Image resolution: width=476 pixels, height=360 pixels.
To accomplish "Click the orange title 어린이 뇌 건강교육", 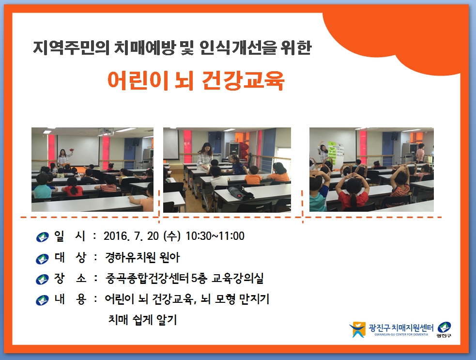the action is click(x=196, y=80).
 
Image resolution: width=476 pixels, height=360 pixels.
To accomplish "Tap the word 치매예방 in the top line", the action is click(x=144, y=48).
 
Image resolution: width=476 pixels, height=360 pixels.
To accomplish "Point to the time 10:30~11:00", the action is click(x=215, y=236).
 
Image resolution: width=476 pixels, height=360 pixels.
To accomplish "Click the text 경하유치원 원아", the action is click(x=142, y=257).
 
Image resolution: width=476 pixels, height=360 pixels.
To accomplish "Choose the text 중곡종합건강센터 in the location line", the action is click(x=148, y=278).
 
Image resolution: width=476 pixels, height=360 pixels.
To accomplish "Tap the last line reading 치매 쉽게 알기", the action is click(x=142, y=320).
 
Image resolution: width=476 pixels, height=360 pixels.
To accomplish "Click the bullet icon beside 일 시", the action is click(x=42, y=237).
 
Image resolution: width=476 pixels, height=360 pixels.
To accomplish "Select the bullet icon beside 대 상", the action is click(x=42, y=259).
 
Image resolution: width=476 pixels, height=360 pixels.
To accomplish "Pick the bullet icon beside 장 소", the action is click(x=42, y=279).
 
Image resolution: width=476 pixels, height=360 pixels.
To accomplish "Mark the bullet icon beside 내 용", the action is click(x=42, y=300).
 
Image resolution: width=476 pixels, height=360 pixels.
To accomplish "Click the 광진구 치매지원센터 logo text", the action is click(x=401, y=328).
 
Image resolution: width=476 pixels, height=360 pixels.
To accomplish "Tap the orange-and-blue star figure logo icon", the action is click(x=357, y=329).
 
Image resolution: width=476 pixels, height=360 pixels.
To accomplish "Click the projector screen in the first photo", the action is click(x=78, y=149).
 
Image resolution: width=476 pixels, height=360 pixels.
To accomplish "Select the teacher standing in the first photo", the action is click(x=62, y=157).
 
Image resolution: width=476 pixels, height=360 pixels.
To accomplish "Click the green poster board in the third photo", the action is click(x=336, y=152).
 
